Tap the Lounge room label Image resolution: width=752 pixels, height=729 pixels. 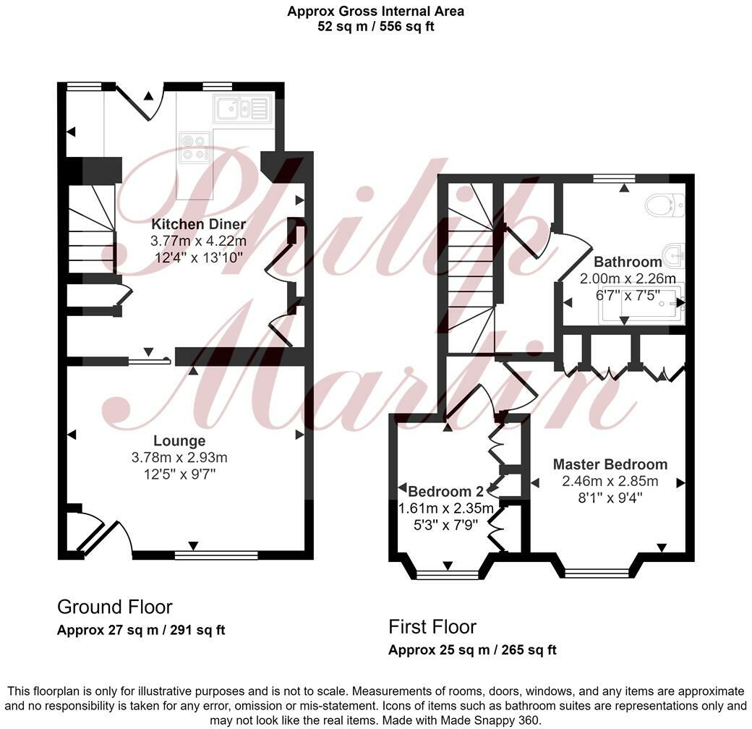[179, 440]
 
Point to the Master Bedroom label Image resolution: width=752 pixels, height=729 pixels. [610, 464]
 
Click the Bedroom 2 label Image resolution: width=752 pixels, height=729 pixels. [445, 489]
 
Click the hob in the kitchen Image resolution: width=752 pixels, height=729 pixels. [195, 145]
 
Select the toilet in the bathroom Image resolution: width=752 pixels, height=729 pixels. [665, 205]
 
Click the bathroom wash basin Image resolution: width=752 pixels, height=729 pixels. [674, 253]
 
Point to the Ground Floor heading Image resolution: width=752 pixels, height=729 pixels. [114, 606]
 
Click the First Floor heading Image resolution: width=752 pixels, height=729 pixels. [432, 626]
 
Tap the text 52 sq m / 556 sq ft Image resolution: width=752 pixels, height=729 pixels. [375, 27]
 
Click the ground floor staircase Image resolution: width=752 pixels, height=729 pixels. [91, 230]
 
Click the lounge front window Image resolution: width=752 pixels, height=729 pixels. [216, 555]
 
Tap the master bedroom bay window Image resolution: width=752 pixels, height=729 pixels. [596, 573]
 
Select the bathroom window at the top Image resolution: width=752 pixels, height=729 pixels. [613, 177]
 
